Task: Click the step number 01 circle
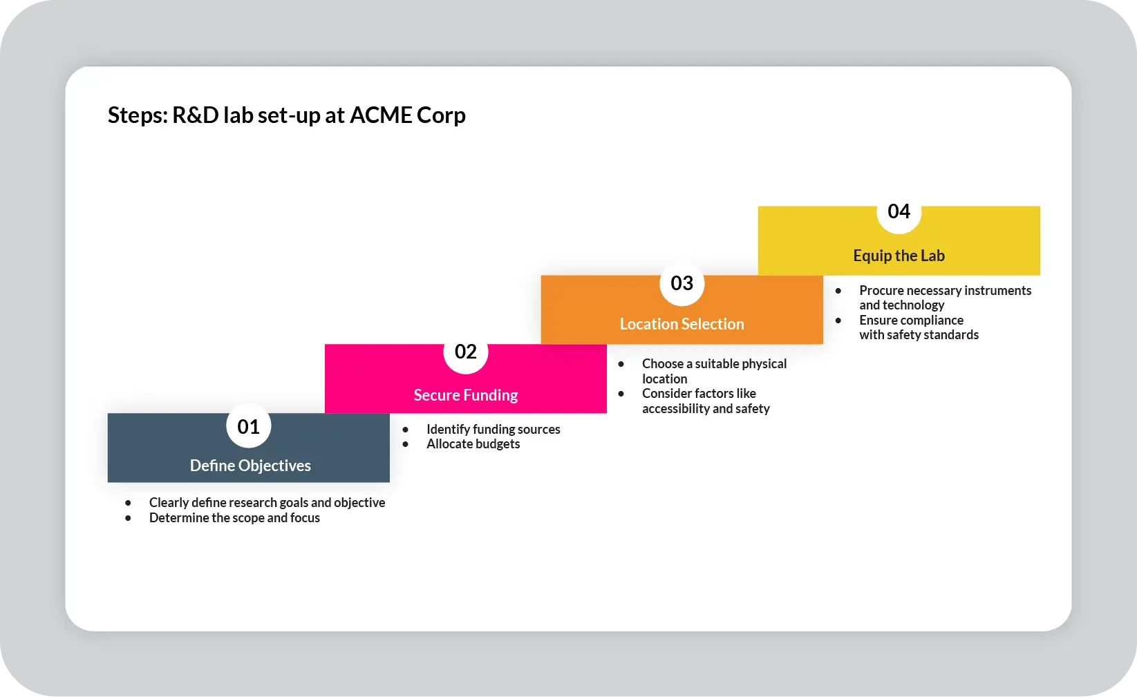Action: point(248,426)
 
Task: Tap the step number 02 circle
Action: point(465,352)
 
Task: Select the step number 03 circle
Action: point(682,283)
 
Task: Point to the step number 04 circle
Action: point(899,212)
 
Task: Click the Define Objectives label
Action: point(250,466)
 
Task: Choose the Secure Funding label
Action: point(465,395)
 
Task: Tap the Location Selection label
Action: point(682,324)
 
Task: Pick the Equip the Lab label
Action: point(899,256)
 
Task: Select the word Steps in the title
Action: point(137,115)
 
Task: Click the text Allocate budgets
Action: point(473,444)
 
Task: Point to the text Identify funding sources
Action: point(493,429)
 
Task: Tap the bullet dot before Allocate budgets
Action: point(406,444)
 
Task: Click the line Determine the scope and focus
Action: point(234,518)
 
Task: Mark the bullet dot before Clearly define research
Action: point(129,503)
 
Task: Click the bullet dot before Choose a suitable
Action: point(621,364)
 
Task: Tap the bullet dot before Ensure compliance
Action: point(838,321)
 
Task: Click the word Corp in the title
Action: point(441,115)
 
